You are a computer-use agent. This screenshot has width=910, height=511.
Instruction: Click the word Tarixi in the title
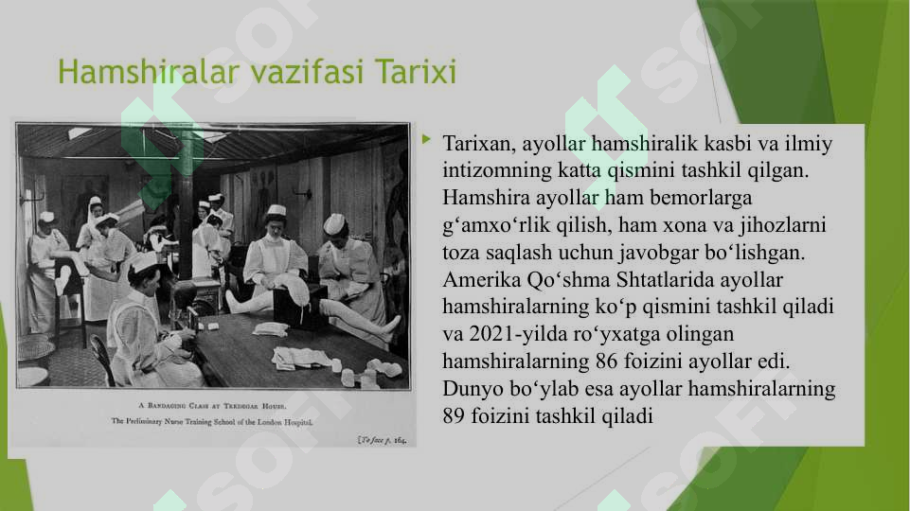(416, 72)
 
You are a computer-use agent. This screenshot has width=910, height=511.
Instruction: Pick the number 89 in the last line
(455, 415)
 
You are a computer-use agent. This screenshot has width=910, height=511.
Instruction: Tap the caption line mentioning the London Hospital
(212, 419)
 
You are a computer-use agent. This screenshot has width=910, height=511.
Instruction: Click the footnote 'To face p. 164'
(383, 440)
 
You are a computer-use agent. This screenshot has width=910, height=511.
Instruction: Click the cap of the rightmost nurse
(334, 223)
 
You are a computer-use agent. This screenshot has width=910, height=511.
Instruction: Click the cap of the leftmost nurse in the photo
(46, 218)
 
